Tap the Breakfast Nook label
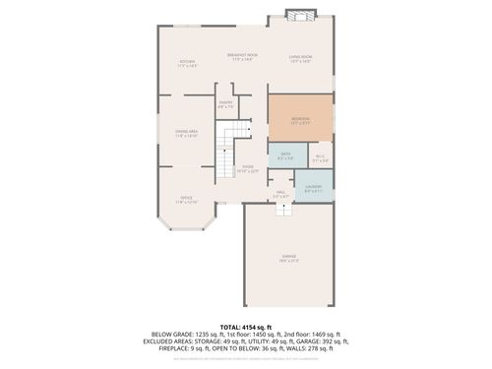(242, 56)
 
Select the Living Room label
(300, 60)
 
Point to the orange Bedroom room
(299, 120)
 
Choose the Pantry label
(225, 104)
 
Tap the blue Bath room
(285, 155)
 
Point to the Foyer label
(248, 169)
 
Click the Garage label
(290, 259)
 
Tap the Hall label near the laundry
(280, 194)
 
